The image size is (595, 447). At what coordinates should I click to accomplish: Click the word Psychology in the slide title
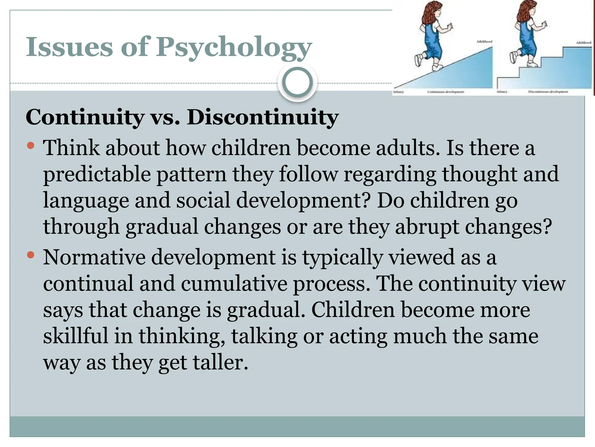click(234, 48)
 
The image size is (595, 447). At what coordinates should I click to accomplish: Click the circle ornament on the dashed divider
click(297, 82)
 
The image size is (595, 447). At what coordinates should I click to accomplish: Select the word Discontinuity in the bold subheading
click(263, 118)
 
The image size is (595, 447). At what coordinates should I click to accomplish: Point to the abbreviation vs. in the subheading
click(165, 118)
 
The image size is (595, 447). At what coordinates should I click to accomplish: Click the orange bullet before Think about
click(31, 145)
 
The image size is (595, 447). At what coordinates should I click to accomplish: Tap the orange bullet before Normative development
click(31, 255)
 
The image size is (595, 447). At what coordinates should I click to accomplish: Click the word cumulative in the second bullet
click(234, 283)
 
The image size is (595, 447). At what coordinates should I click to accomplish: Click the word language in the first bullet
click(86, 201)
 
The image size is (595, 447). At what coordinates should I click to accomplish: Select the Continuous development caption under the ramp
click(446, 92)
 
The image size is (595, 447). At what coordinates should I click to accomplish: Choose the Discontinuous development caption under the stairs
click(548, 92)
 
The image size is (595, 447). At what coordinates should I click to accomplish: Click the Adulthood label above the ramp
click(484, 42)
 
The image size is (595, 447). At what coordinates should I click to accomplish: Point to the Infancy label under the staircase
click(502, 92)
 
